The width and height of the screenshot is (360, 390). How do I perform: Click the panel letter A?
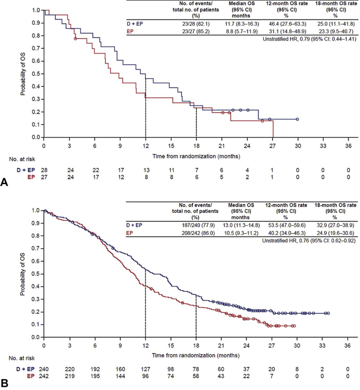coord(5,181)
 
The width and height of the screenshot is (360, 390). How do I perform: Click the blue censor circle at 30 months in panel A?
coord(297,119)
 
